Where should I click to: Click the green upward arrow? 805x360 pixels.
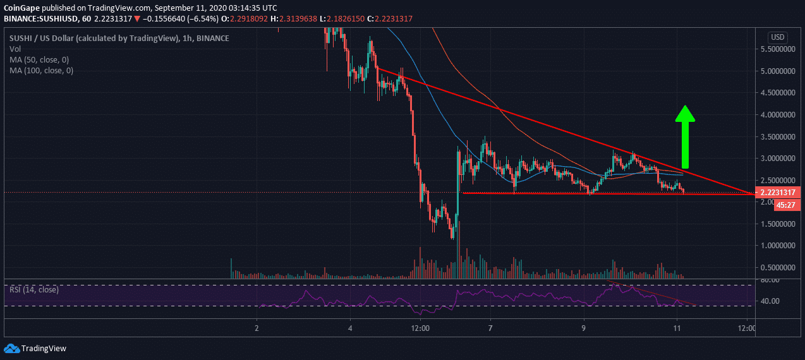click(685, 131)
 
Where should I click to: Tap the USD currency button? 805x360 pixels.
click(777, 37)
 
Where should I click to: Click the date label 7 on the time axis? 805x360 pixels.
click(490, 328)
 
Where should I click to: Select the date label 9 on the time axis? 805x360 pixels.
click(584, 328)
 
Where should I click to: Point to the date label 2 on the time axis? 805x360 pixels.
click(257, 328)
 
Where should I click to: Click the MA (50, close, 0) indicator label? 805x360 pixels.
click(41, 60)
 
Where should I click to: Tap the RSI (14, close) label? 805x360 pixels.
click(34, 289)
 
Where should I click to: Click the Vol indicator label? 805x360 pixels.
click(15, 49)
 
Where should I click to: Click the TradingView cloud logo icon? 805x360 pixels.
click(11, 348)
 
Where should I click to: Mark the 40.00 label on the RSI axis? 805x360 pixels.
click(770, 301)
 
